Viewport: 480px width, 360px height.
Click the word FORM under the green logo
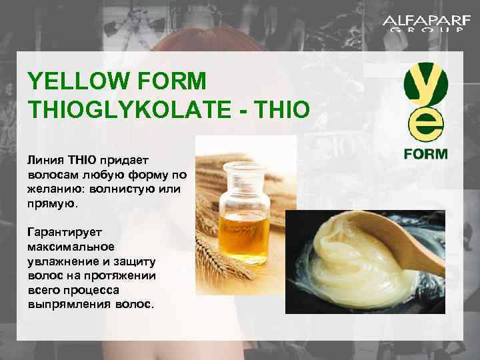coord(425,153)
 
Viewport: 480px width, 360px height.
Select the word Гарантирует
coord(62,233)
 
